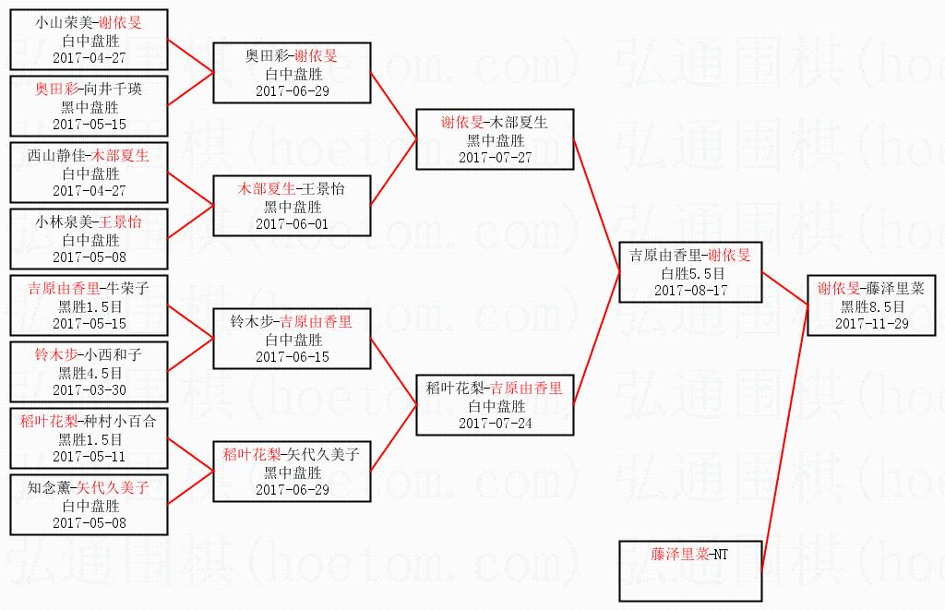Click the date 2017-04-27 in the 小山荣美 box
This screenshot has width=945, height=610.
tap(90, 58)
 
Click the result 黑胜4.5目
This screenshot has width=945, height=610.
tap(90, 373)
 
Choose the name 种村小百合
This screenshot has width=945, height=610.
tap(120, 422)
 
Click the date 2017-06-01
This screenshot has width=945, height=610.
tap(293, 224)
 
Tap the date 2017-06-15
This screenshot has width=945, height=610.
tap(293, 357)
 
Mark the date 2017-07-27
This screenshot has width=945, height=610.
tap(496, 158)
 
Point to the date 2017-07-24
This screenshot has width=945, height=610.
tap(496, 424)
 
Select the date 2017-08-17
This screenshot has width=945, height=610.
tap(691, 291)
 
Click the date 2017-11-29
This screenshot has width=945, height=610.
tap(871, 324)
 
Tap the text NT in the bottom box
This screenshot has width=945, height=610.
tap(721, 554)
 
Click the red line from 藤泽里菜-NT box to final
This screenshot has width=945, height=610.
tap(784, 437)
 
